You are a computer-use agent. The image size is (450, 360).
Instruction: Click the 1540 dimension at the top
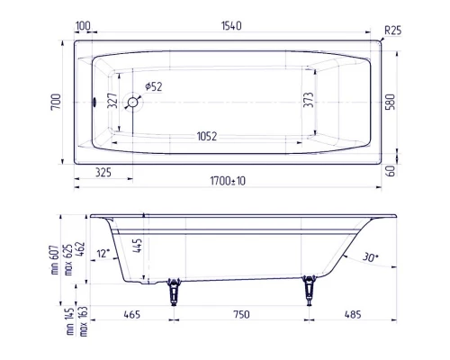231,26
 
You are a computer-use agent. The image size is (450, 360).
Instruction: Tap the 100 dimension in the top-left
83,26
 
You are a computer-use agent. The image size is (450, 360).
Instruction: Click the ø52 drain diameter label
153,86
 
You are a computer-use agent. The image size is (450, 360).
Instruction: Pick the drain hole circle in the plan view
133,103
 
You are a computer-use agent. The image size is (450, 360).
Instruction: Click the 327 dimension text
113,102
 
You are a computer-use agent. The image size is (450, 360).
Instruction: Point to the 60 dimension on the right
390,169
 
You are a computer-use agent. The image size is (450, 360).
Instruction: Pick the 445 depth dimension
137,246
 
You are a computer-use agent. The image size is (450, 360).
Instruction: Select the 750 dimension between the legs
238,315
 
